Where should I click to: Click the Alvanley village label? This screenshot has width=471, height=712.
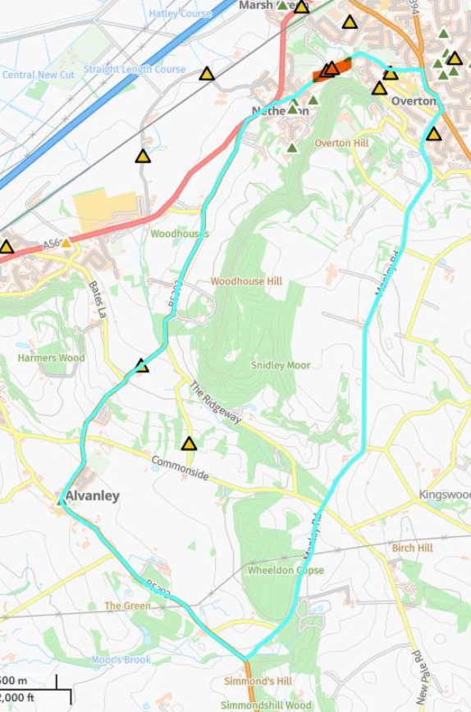pos(92,496)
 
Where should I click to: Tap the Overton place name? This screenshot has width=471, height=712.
pos(414,101)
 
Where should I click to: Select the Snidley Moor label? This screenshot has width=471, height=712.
pos(281,365)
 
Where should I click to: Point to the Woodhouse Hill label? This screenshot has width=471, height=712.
pos(246,281)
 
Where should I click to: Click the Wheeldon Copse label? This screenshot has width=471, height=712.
pos(286,570)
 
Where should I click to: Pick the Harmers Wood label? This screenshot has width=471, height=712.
pos(51,358)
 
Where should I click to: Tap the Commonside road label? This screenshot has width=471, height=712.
pos(179,468)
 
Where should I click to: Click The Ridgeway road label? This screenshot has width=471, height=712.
pos(215,403)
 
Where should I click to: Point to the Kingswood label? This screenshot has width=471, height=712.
pos(445,495)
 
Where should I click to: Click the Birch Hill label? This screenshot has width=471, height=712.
pos(412,548)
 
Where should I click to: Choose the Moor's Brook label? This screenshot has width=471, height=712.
pos(121,660)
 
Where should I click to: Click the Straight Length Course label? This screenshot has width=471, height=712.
pos(135,70)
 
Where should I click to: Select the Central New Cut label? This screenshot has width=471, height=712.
pos(38,75)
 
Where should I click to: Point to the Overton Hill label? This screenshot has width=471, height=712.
pos(341,144)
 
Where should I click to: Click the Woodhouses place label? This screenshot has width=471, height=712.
pos(180,234)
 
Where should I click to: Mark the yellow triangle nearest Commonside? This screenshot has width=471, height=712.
pos(190,445)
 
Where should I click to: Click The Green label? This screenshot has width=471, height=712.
pos(127,606)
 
